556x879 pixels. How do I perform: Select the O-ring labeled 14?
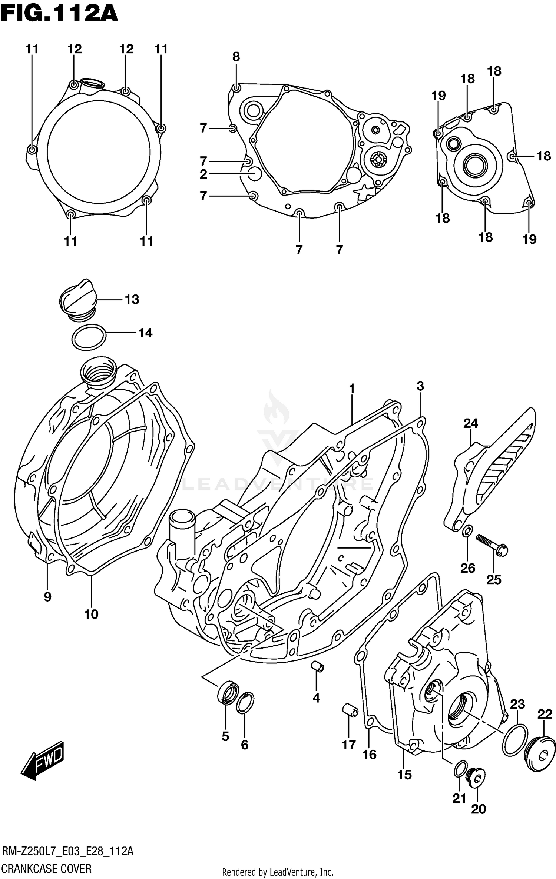pyautogui.click(x=89, y=337)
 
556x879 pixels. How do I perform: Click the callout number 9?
pyautogui.click(x=47, y=597)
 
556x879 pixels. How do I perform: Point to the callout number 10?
pyautogui.click(x=91, y=615)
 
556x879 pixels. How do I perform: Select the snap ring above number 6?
pyautogui.click(x=245, y=702)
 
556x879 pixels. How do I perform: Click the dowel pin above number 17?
pyautogui.click(x=350, y=710)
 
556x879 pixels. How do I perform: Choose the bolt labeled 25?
pyautogui.click(x=492, y=545)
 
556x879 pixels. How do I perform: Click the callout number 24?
pyautogui.click(x=470, y=423)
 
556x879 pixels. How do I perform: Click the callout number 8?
pyautogui.click(x=236, y=57)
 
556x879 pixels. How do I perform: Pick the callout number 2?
pyautogui.click(x=203, y=174)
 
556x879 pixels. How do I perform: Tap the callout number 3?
pyautogui.click(x=420, y=386)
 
